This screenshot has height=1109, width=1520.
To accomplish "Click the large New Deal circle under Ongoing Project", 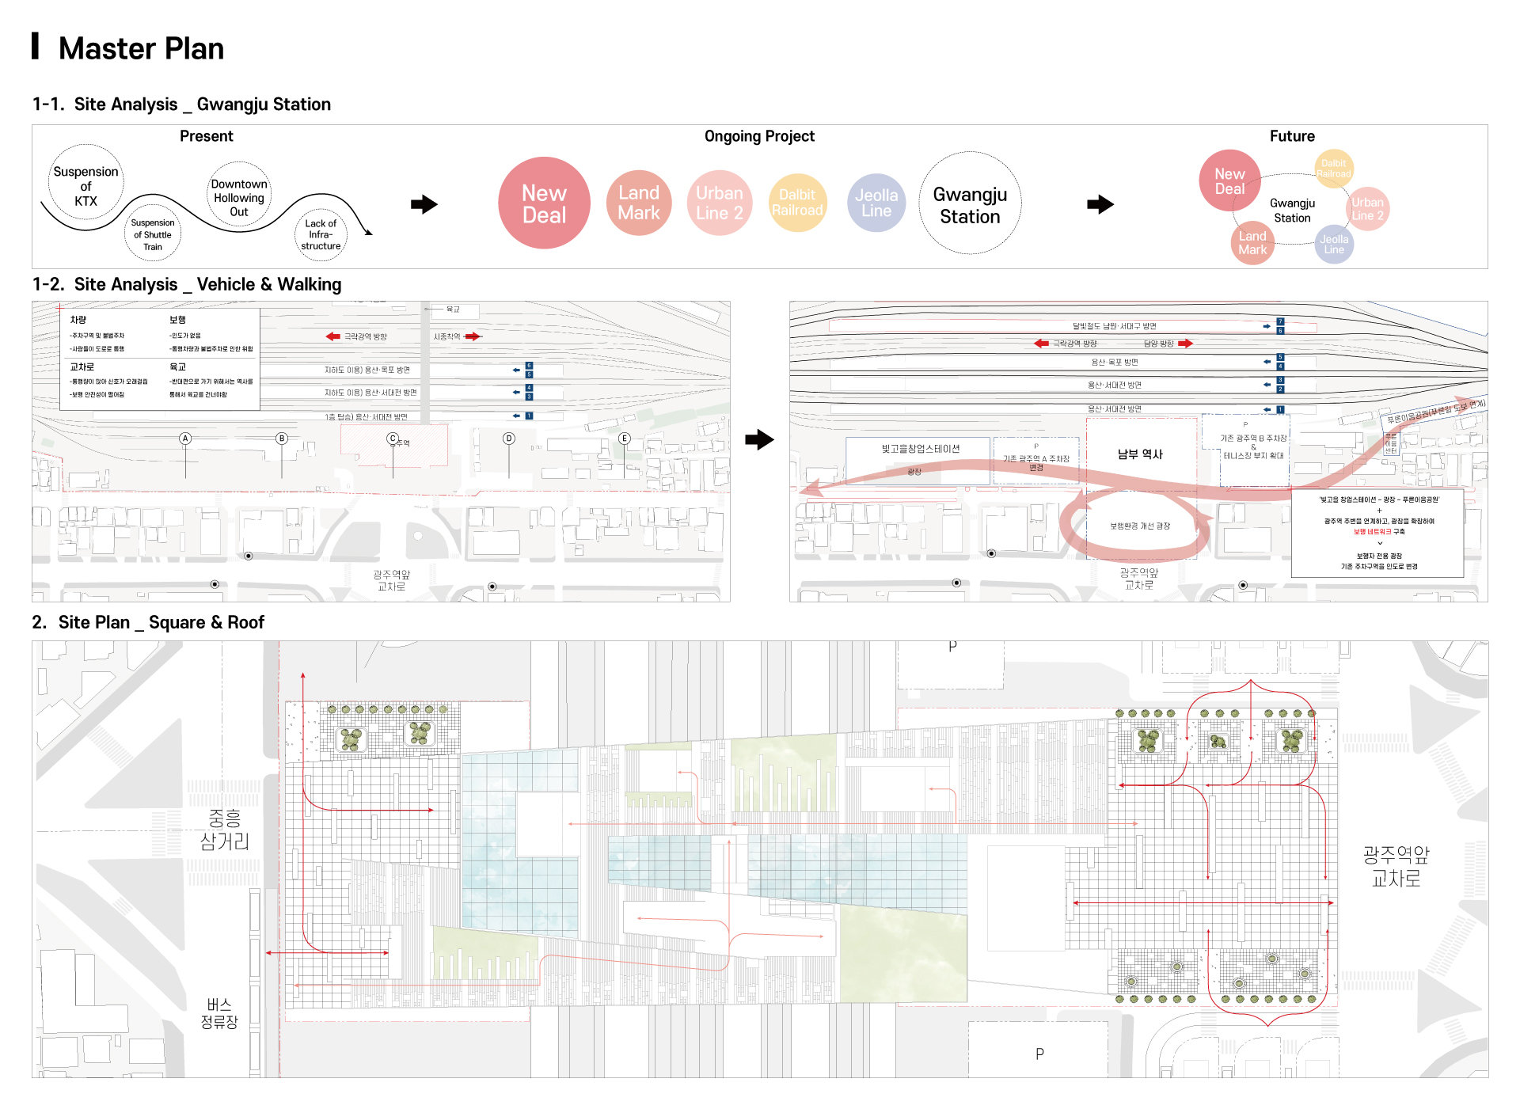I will (x=544, y=203).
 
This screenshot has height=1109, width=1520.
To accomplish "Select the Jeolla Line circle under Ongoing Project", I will (x=876, y=203).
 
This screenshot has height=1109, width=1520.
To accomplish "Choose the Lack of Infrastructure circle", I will (x=321, y=235).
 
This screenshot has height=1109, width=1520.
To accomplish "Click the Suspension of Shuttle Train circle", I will (x=153, y=234).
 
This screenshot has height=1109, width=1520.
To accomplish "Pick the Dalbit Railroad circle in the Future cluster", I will (x=1334, y=169).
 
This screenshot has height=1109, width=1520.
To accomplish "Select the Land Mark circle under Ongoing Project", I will (x=639, y=203).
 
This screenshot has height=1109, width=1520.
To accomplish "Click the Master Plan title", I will (x=141, y=49).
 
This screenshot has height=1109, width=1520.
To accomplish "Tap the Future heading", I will (x=1292, y=136).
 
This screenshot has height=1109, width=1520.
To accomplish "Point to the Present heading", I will (x=206, y=136).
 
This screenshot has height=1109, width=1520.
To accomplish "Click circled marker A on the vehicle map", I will (x=185, y=439).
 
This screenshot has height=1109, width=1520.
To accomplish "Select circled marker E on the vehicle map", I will (x=625, y=439).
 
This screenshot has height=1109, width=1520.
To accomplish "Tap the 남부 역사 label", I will (x=1140, y=454).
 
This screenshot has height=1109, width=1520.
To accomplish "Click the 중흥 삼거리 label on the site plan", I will (x=225, y=829).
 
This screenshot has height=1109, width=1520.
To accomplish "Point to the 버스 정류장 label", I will (x=219, y=1013).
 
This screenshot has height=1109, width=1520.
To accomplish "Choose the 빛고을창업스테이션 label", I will (x=921, y=449).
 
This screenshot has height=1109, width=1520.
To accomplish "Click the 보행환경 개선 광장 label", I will (x=1140, y=526).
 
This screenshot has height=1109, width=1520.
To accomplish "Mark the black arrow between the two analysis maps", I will (x=759, y=439).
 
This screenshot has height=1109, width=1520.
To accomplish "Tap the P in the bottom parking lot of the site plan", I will (x=1039, y=1054).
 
